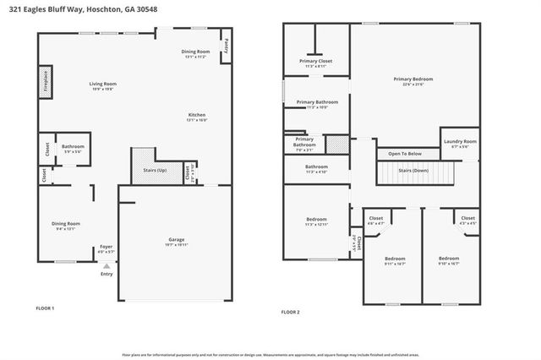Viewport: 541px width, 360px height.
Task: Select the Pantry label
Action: pos(226,47)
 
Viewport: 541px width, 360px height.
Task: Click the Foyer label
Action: pos(107,247)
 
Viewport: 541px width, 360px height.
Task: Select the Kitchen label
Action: pos(197,116)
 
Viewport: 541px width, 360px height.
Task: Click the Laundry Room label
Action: pos(464,142)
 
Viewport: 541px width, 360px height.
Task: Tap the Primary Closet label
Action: pos(315,62)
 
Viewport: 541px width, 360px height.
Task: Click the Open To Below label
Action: pos(405,154)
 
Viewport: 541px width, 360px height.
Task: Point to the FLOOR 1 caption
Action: pos(45,308)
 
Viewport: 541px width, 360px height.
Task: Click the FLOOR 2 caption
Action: pos(290,312)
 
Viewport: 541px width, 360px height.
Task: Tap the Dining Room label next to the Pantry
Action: pos(197,52)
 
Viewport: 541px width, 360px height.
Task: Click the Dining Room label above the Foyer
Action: pos(65,223)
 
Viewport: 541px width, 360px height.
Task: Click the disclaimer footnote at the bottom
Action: pos(270,354)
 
